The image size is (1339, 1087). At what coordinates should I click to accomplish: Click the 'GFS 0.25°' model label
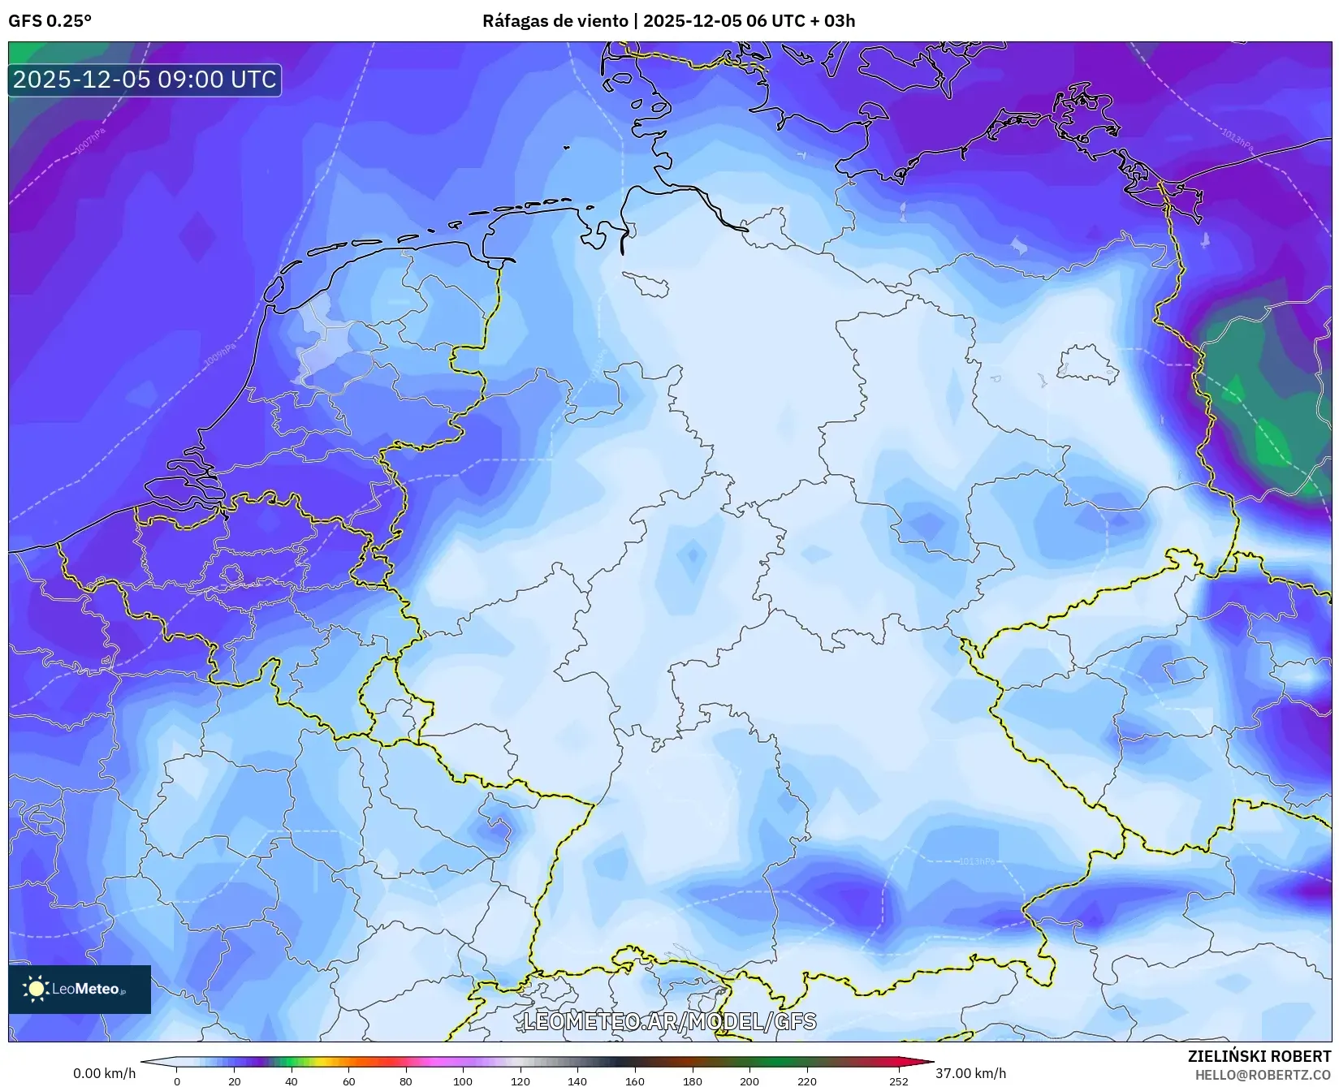point(50,21)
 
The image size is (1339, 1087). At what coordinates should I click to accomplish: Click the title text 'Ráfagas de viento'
point(556,21)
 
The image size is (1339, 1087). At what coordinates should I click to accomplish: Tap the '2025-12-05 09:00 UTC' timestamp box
point(145,80)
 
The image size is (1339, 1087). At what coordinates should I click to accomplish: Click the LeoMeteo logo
point(79,989)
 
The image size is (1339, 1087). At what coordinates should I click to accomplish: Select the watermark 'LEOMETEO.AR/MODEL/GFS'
point(669,1021)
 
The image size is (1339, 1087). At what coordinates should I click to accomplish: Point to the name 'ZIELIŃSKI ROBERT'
point(1259,1056)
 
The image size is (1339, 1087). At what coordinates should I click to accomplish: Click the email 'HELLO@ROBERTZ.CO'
point(1262,1075)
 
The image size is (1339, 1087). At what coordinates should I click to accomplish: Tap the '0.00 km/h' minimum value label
point(104,1073)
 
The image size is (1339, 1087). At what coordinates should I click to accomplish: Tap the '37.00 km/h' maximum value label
point(970,1073)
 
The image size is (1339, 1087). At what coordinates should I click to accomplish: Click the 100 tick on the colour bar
point(463,1081)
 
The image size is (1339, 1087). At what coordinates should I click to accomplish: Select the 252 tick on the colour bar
point(898,1081)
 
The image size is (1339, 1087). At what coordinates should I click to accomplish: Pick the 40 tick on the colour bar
point(292,1081)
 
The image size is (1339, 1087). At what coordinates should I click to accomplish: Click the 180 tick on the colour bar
point(692,1081)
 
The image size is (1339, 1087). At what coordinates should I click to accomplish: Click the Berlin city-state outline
point(1086,364)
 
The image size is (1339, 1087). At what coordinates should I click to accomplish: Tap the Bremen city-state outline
point(647,284)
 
